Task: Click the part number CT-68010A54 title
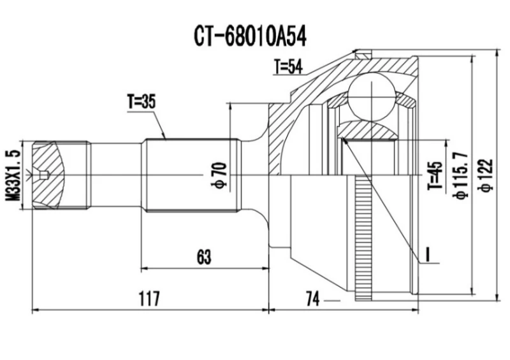point(251,37)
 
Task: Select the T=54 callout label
point(288,66)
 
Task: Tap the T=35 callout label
point(142,101)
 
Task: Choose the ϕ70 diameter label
point(219,175)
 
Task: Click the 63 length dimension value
point(203,257)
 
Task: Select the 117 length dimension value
point(148,297)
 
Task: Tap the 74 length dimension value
point(312,297)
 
